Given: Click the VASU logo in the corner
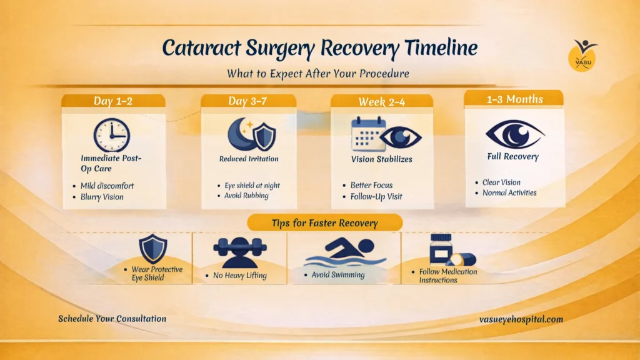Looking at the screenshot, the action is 583,56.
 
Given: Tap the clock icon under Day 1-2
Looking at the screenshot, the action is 112,136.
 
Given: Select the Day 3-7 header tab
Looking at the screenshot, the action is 248,101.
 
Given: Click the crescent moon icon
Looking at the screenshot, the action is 241,134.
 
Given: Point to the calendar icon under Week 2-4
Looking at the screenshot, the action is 368,134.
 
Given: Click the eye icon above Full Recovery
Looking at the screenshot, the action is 515,134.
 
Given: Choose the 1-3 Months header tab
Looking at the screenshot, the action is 514,99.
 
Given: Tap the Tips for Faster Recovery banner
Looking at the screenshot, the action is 325,223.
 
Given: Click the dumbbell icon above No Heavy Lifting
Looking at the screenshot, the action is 240,247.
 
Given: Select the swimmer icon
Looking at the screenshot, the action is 345,252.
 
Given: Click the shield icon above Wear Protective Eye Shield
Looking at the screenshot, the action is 153,249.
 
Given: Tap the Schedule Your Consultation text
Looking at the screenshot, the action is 112,319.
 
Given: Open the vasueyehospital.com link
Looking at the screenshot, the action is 521,319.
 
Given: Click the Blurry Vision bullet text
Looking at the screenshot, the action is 102,197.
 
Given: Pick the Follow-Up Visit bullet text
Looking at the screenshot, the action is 376,196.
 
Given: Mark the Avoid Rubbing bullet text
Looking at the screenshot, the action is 246,196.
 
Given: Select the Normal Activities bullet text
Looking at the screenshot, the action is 509,192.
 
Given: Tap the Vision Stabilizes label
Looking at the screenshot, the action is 382,159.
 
